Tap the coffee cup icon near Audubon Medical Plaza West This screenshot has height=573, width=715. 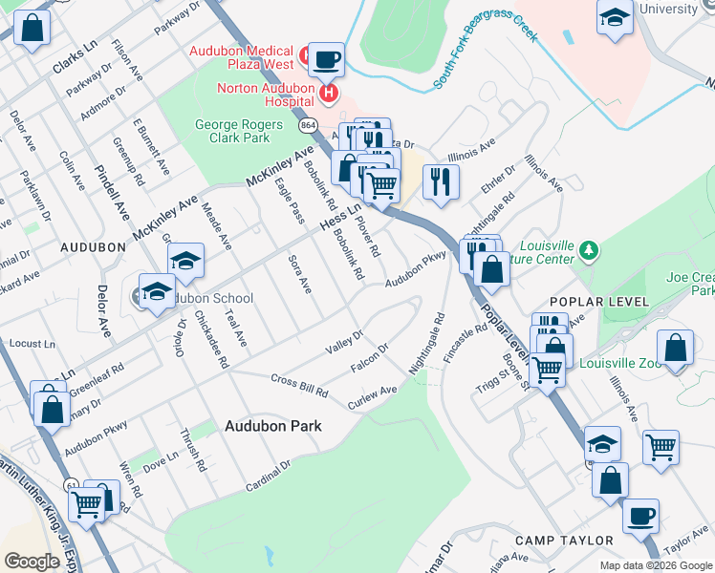coord(325,59)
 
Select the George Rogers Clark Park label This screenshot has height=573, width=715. coord(232,131)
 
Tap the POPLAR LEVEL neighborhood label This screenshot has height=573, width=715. coord(614,302)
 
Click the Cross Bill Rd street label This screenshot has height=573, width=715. coord(299,386)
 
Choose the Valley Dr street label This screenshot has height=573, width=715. coord(344,341)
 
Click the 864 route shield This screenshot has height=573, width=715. coord(307,125)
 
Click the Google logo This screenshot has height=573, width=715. coord(32,562)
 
